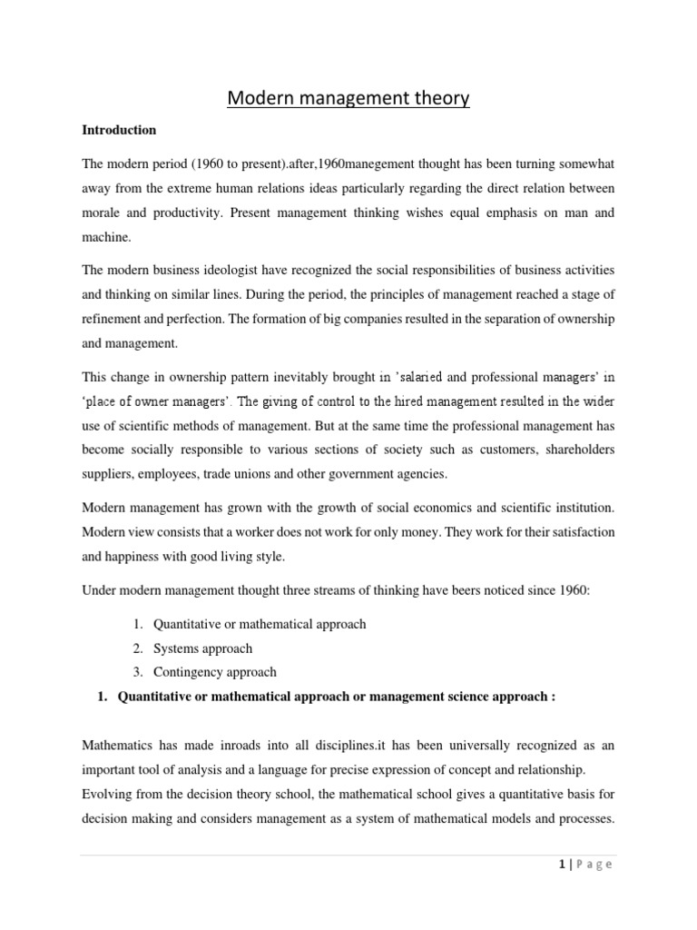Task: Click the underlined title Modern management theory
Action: [348, 97]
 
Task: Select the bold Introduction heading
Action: [119, 130]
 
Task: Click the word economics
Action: [420, 508]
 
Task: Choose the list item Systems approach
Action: [202, 648]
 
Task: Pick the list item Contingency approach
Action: [214, 672]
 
